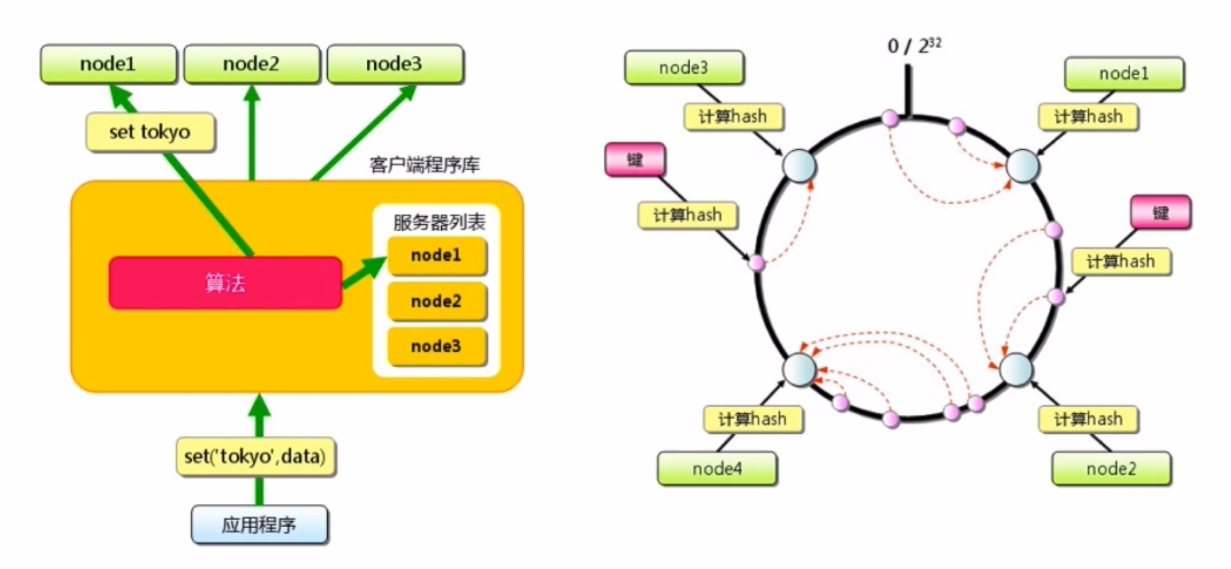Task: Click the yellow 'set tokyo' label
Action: [150, 132]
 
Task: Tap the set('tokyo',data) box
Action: [255, 456]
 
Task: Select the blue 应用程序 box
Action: [259, 525]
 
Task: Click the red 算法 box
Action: [225, 283]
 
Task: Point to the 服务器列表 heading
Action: [439, 222]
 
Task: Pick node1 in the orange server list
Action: [436, 256]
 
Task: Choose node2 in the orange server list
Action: [436, 301]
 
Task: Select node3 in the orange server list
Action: [436, 347]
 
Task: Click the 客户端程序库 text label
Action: [424, 165]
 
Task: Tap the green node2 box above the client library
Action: [251, 64]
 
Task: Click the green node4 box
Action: [717, 469]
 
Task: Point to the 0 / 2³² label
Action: [914, 46]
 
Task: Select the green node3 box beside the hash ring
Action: [684, 68]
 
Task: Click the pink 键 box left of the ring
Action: [635, 160]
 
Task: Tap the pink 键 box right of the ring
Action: [1160, 212]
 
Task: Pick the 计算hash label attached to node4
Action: [752, 419]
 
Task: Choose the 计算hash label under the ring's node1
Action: [1088, 117]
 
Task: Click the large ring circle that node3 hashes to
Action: [799, 166]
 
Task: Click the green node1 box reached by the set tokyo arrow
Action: [108, 64]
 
